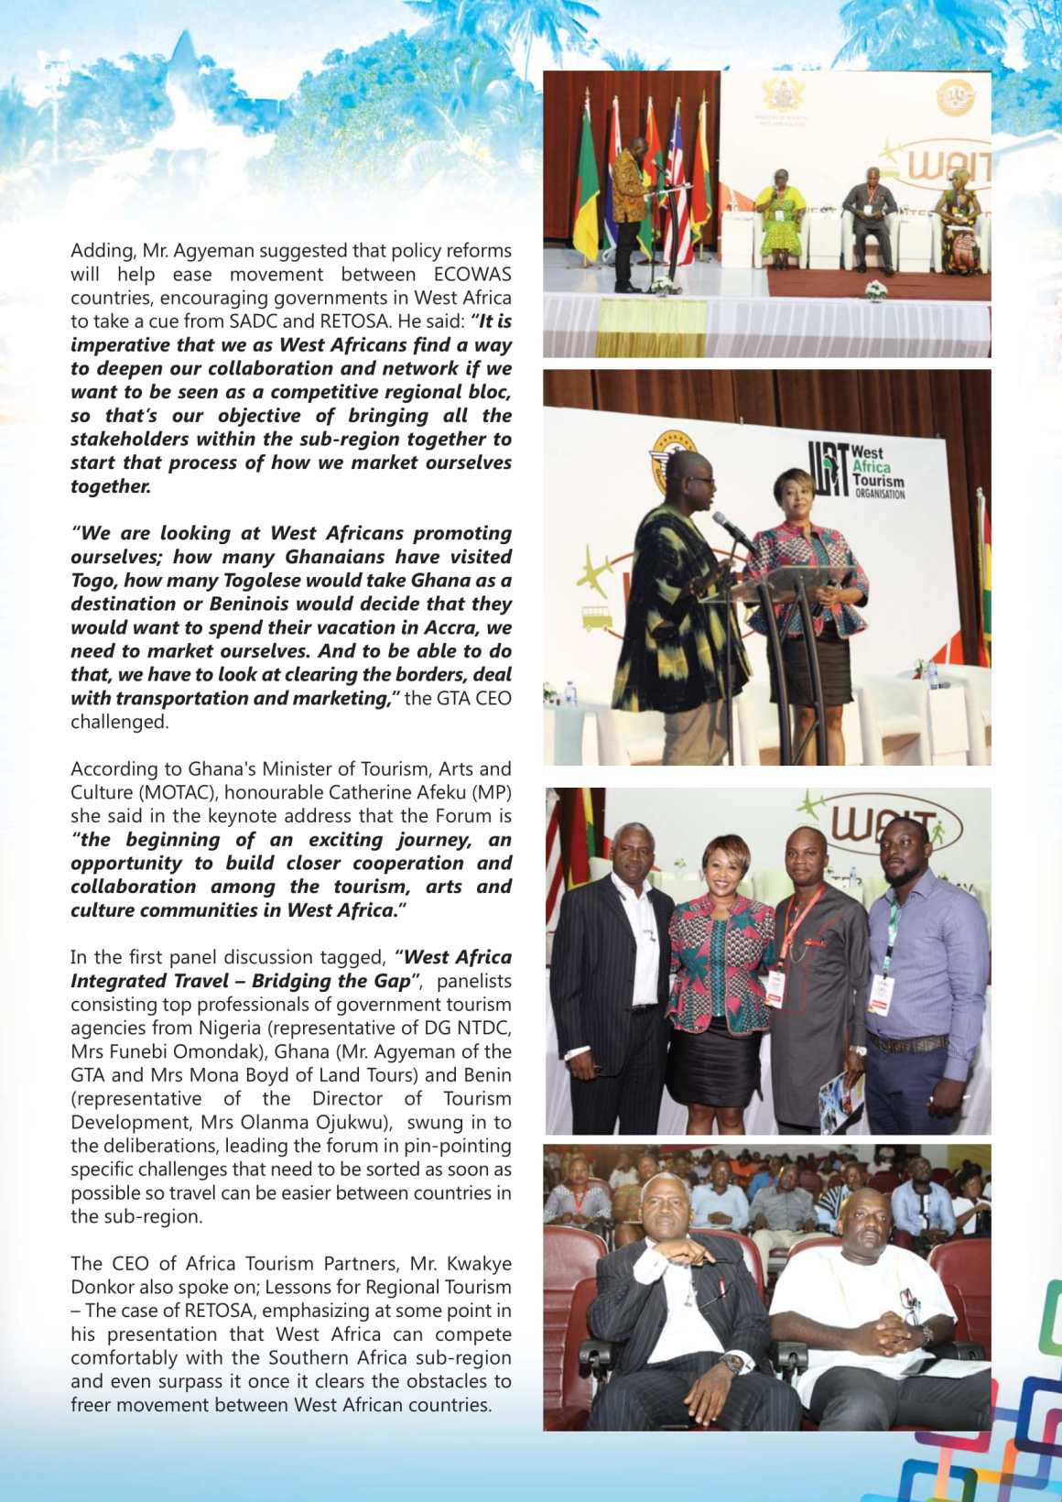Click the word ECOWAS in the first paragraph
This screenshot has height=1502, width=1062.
(x=472, y=275)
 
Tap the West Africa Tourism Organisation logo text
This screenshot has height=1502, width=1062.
(x=876, y=472)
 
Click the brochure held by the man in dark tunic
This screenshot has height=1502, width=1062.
(x=841, y=1099)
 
